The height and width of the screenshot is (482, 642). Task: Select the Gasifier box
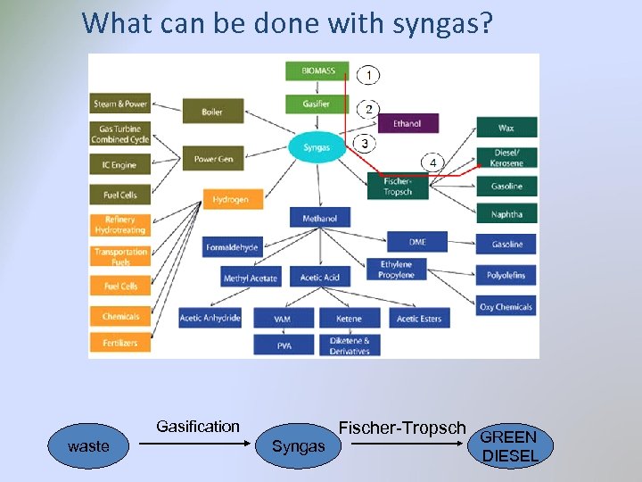pyautogui.click(x=317, y=104)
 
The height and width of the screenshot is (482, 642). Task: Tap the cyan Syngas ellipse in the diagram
pyautogui.click(x=317, y=147)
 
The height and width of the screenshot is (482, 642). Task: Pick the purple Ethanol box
pyautogui.click(x=407, y=123)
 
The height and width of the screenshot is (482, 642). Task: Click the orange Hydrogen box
pyautogui.click(x=231, y=199)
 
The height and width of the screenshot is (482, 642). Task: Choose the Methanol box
pyautogui.click(x=319, y=218)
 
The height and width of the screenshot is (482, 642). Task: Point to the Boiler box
pyautogui.click(x=212, y=112)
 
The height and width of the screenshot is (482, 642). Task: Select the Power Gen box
pyautogui.click(x=213, y=159)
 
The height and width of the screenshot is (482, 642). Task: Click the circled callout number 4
pyautogui.click(x=432, y=162)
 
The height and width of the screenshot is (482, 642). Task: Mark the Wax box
pyautogui.click(x=506, y=128)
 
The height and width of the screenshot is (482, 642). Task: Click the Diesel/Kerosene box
pyautogui.click(x=506, y=157)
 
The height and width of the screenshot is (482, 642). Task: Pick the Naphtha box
pyautogui.click(x=506, y=214)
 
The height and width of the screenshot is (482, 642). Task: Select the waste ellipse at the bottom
pyautogui.click(x=88, y=446)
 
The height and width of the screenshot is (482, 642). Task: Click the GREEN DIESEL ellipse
pyautogui.click(x=510, y=446)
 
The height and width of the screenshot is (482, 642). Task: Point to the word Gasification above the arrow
pyautogui.click(x=197, y=427)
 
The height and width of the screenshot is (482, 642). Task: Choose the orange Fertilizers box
pyautogui.click(x=120, y=342)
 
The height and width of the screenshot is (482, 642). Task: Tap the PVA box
pyautogui.click(x=283, y=345)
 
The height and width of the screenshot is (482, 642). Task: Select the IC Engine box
pyautogui.click(x=120, y=165)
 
